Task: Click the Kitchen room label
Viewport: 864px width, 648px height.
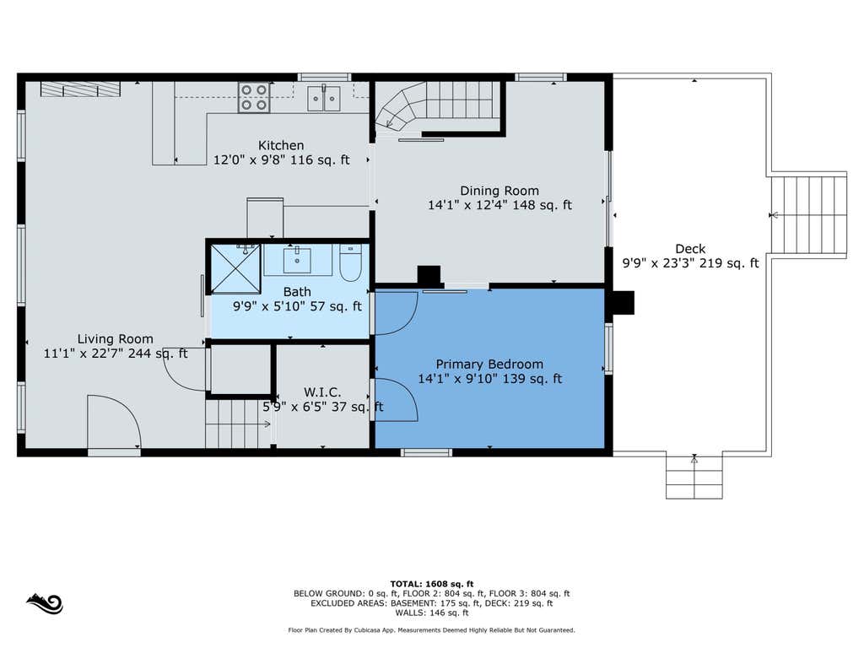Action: tap(281, 145)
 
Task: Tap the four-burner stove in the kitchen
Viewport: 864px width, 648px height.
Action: tap(254, 98)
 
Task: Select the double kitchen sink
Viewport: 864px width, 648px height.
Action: tap(323, 98)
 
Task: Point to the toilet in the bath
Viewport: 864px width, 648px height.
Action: tap(350, 263)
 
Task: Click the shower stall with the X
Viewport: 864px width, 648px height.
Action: tap(236, 268)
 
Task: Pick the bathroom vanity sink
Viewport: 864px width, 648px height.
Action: tap(297, 260)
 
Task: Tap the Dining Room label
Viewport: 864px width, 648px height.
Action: tap(499, 191)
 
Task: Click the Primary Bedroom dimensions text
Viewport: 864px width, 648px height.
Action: tap(490, 379)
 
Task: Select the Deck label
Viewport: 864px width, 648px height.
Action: tap(690, 249)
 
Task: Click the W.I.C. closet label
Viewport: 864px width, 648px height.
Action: tap(322, 392)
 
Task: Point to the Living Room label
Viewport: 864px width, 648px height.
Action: tap(115, 339)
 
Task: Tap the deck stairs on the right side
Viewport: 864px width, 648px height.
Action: tap(808, 215)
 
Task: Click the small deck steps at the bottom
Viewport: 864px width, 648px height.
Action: tap(694, 478)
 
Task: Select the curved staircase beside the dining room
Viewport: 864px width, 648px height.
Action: tap(438, 107)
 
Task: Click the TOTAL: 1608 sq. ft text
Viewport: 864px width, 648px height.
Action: tap(432, 584)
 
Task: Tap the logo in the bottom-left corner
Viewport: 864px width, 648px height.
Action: tap(45, 603)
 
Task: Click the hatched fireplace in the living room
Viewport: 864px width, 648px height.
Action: tap(80, 89)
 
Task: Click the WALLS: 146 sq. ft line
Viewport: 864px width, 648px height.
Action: tap(432, 613)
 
